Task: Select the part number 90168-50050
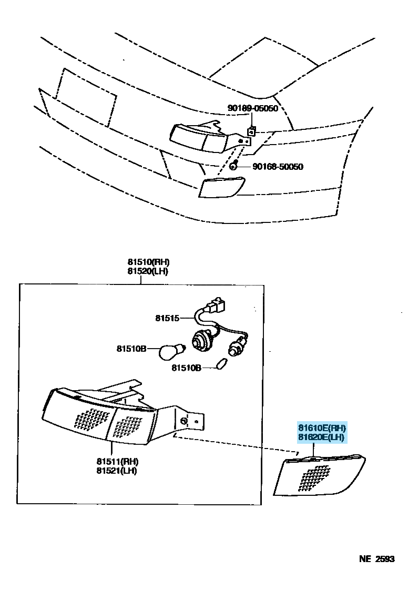(278, 167)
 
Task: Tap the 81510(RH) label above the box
(148, 262)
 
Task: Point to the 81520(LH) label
(148, 271)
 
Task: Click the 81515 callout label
(167, 318)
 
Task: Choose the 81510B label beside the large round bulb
(131, 348)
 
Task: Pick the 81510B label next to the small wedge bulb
(186, 368)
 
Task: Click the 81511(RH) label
(117, 462)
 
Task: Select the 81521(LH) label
(117, 471)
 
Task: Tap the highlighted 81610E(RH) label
(322, 427)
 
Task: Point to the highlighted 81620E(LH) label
(322, 437)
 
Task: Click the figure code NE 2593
(376, 559)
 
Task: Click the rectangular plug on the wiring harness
(216, 305)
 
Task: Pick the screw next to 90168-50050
(233, 166)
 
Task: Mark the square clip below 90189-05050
(251, 131)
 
